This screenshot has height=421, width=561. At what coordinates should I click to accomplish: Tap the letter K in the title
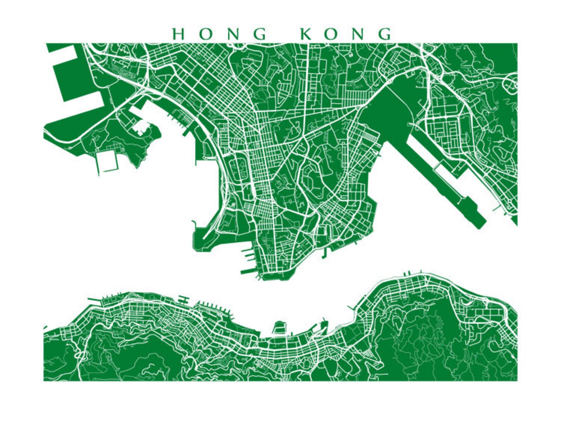coord(307,34)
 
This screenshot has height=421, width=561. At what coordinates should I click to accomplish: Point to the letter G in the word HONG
coord(261,34)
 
